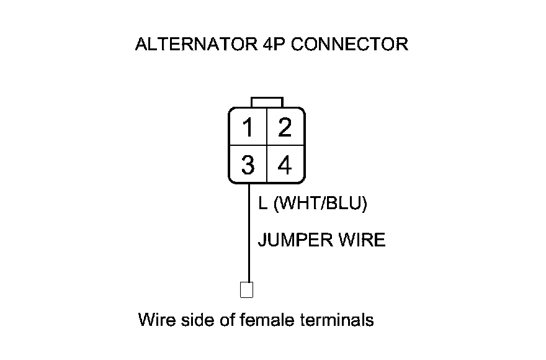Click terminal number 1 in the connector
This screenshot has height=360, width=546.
pyautogui.click(x=248, y=128)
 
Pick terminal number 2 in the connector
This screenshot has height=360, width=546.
pyautogui.click(x=285, y=128)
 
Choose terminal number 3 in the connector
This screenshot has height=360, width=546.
pyautogui.click(x=248, y=165)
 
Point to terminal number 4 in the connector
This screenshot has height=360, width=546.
pyautogui.click(x=285, y=165)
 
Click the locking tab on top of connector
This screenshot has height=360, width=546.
pyautogui.click(x=267, y=102)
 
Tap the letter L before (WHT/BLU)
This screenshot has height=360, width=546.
pyautogui.click(x=262, y=204)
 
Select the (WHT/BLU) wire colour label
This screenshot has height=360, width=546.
pyautogui.click(x=320, y=204)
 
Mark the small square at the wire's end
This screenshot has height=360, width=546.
pyautogui.click(x=246, y=290)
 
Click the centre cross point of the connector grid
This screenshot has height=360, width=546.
pyautogui.click(x=266, y=146)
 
